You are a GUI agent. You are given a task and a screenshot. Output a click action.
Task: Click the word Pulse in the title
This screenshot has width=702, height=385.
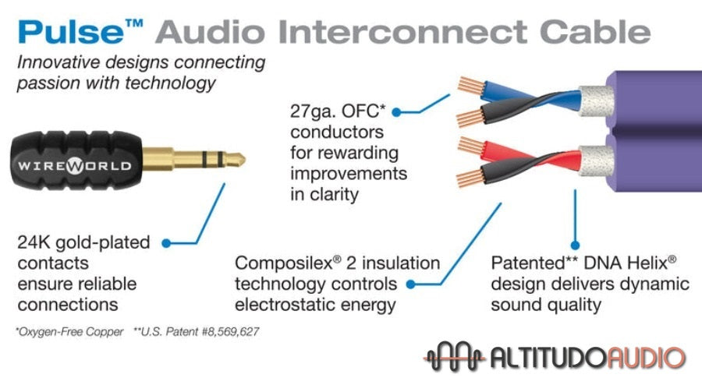tap(67, 31)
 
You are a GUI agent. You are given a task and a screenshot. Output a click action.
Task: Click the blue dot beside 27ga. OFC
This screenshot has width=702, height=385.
tap(396, 112)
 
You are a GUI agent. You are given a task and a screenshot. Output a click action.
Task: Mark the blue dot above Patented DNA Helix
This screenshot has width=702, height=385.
tap(576, 243)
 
